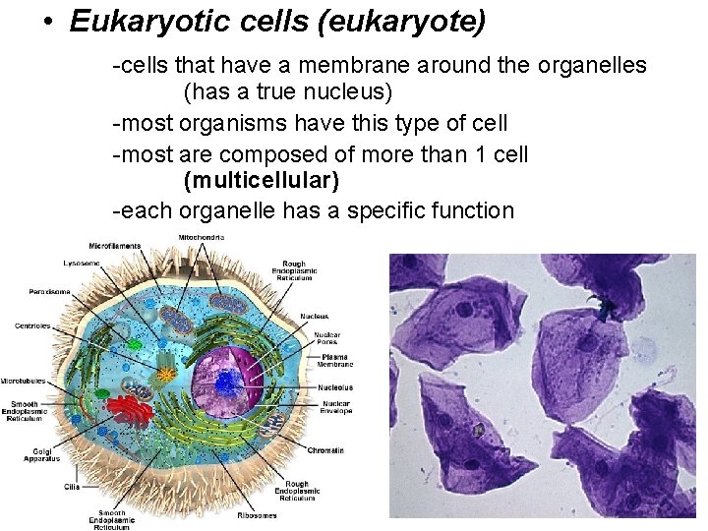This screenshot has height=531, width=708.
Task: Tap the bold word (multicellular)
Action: [x=261, y=181]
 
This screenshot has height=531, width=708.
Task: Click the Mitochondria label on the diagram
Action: [x=202, y=238]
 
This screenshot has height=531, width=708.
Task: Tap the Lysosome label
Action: [x=81, y=264]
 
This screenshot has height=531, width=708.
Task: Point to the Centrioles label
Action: [x=32, y=326]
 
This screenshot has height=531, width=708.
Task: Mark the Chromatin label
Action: [x=324, y=450]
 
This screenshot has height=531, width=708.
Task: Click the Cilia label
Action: [x=72, y=486]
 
